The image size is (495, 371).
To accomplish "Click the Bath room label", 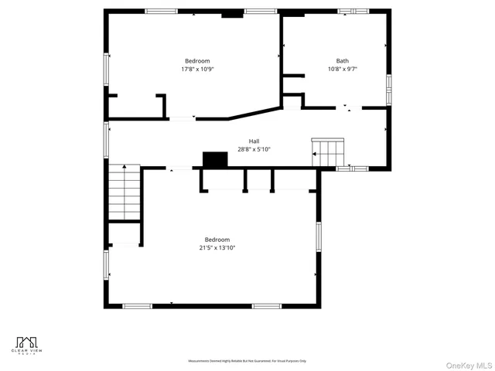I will click(x=342, y=61).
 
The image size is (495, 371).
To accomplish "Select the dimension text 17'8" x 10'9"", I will click(x=196, y=69).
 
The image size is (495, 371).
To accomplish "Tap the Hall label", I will click(x=254, y=141).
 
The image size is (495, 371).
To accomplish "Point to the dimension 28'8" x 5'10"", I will click(x=254, y=149).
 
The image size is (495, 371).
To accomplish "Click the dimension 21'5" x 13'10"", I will click(x=217, y=248).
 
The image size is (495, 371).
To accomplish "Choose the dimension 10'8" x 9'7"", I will click(x=342, y=69).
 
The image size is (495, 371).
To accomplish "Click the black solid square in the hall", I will click(x=215, y=159).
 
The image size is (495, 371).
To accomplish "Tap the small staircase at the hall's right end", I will click(x=327, y=151).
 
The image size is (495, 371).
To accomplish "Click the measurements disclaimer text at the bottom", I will click(x=247, y=361).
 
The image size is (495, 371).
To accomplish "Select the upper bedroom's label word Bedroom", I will click(x=196, y=61).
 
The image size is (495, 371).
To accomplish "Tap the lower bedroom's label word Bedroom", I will click(x=217, y=240).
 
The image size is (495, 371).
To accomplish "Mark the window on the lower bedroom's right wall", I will click(x=317, y=236).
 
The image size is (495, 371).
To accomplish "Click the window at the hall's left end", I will click(x=106, y=140).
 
